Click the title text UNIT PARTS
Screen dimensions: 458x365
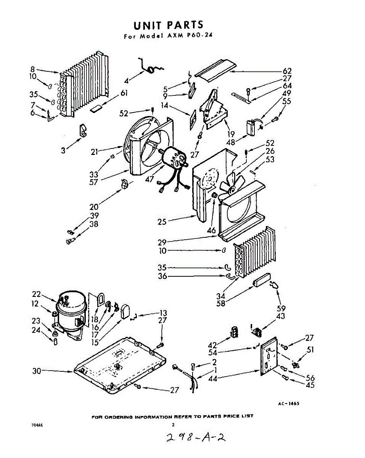[168, 26]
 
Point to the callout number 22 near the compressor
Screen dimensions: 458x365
[36, 294]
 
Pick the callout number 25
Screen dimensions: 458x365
[162, 221]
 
